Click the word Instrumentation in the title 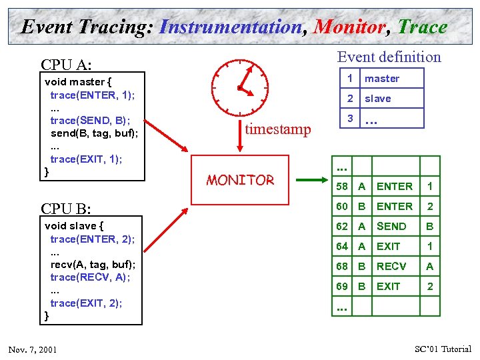tap(231, 27)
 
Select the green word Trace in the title tap(423, 27)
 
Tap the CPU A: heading tap(67, 65)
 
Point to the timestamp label tap(278, 129)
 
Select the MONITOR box tap(240, 179)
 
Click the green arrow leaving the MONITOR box tap(311, 179)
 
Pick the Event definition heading tap(389, 57)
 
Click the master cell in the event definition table tap(382, 79)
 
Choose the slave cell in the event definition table tap(378, 99)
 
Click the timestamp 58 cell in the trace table tap(342, 187)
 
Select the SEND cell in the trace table tap(391, 227)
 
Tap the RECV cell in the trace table tap(391, 267)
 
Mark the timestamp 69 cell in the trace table tap(342, 287)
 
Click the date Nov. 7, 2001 tap(33, 350)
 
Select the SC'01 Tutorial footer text tap(443, 349)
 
